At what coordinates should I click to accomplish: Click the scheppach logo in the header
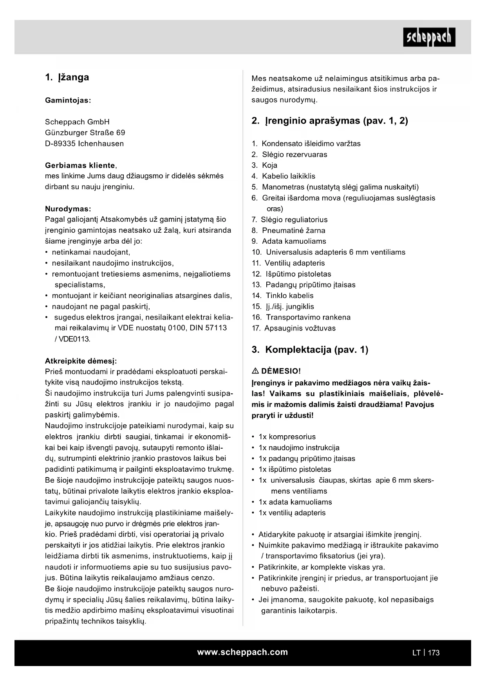click(429, 37)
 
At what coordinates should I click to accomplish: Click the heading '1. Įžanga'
click(67, 77)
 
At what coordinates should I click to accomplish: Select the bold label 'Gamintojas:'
click(68, 100)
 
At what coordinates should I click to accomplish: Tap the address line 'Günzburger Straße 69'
click(85, 133)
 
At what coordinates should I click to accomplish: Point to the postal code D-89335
click(60, 144)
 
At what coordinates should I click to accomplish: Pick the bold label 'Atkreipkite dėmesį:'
click(81, 361)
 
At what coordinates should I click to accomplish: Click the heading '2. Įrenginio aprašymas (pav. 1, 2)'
click(330, 121)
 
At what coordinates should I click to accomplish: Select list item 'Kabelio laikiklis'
click(288, 176)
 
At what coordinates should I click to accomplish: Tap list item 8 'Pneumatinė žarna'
click(293, 230)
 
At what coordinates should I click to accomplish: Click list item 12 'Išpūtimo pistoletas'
click(298, 274)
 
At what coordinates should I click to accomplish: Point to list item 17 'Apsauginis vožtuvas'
click(300, 328)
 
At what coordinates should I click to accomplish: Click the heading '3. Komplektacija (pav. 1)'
click(310, 350)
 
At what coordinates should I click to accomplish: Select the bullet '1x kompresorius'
click(287, 436)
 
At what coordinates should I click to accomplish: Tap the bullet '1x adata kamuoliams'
click(295, 502)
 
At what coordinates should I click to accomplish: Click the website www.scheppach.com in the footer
click(242, 652)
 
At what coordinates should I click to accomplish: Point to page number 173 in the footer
click(434, 652)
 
